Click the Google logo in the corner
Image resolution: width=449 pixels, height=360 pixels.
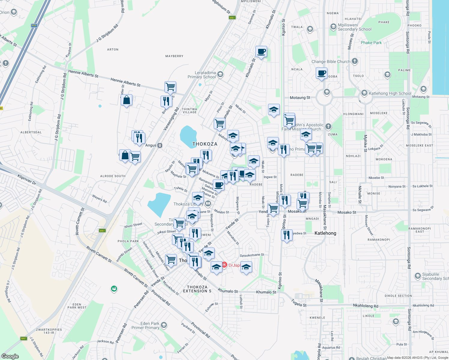tap(10, 356)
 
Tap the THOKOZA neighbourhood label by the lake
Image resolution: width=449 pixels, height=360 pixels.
tap(205, 144)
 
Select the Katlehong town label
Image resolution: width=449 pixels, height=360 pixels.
tap(325, 233)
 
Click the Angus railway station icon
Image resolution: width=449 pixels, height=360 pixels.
tap(160, 145)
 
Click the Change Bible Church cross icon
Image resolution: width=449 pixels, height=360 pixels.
tap(355, 61)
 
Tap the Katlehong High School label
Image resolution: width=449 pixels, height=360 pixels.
tap(390, 93)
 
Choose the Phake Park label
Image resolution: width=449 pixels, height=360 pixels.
tap(371, 43)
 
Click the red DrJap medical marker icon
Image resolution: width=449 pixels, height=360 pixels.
tap(224, 265)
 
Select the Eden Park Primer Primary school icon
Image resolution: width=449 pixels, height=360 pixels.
tap(164, 325)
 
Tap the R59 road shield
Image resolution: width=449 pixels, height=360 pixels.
tap(34, 25)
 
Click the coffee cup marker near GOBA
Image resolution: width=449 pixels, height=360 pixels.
tap(321, 73)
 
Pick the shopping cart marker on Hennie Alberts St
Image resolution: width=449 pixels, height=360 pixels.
tap(170, 87)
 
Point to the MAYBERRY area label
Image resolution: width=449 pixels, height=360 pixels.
tap(174, 56)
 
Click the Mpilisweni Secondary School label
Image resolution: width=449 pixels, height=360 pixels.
tap(354, 27)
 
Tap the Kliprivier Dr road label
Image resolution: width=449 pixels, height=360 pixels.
tap(27, 179)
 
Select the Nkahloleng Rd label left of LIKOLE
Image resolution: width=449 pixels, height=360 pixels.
tap(366, 306)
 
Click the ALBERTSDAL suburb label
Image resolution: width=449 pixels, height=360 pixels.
tap(31, 132)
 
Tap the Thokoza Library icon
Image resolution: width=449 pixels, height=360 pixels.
tap(208, 204)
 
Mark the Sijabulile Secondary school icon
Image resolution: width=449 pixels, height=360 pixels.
tap(417, 276)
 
